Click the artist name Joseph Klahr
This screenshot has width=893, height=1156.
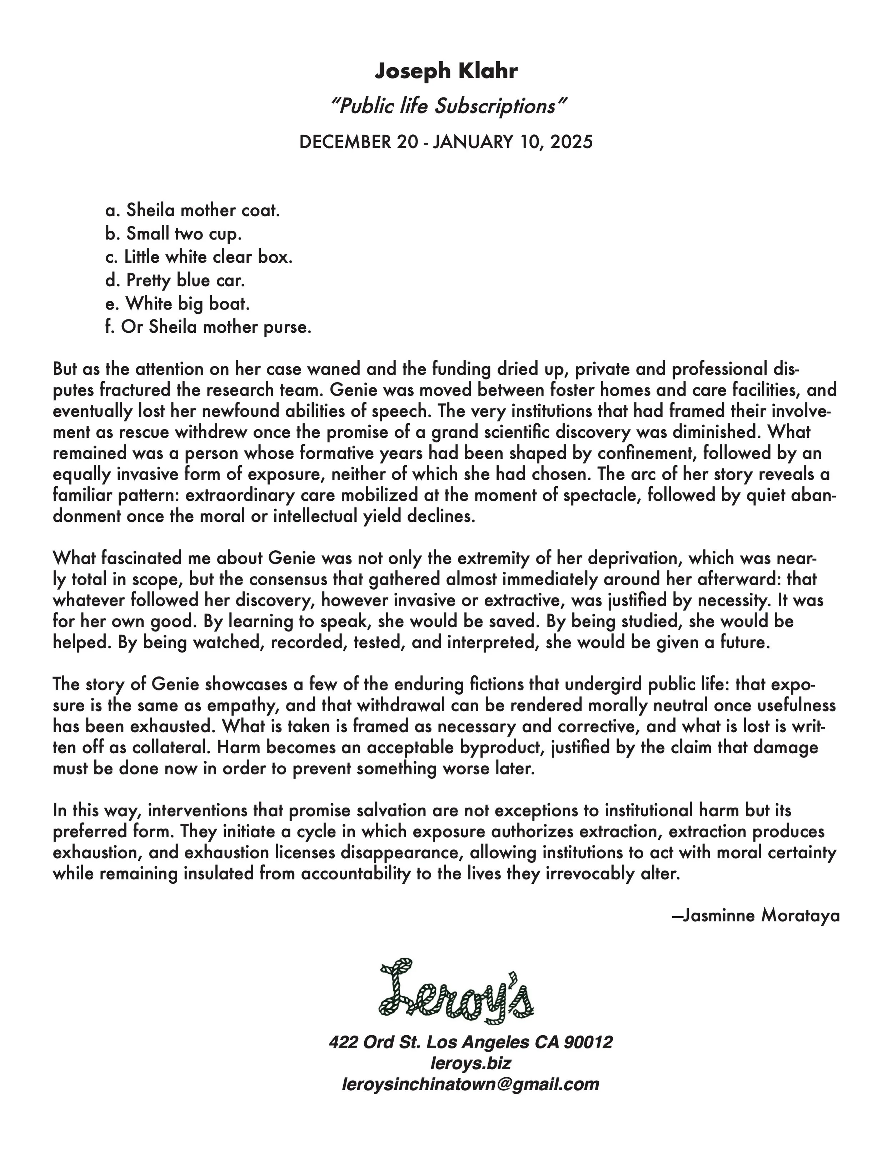tap(446, 70)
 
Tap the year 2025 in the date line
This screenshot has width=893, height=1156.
tap(572, 142)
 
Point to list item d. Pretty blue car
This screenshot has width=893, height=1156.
tap(175, 281)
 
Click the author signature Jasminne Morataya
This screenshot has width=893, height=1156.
tap(755, 915)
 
